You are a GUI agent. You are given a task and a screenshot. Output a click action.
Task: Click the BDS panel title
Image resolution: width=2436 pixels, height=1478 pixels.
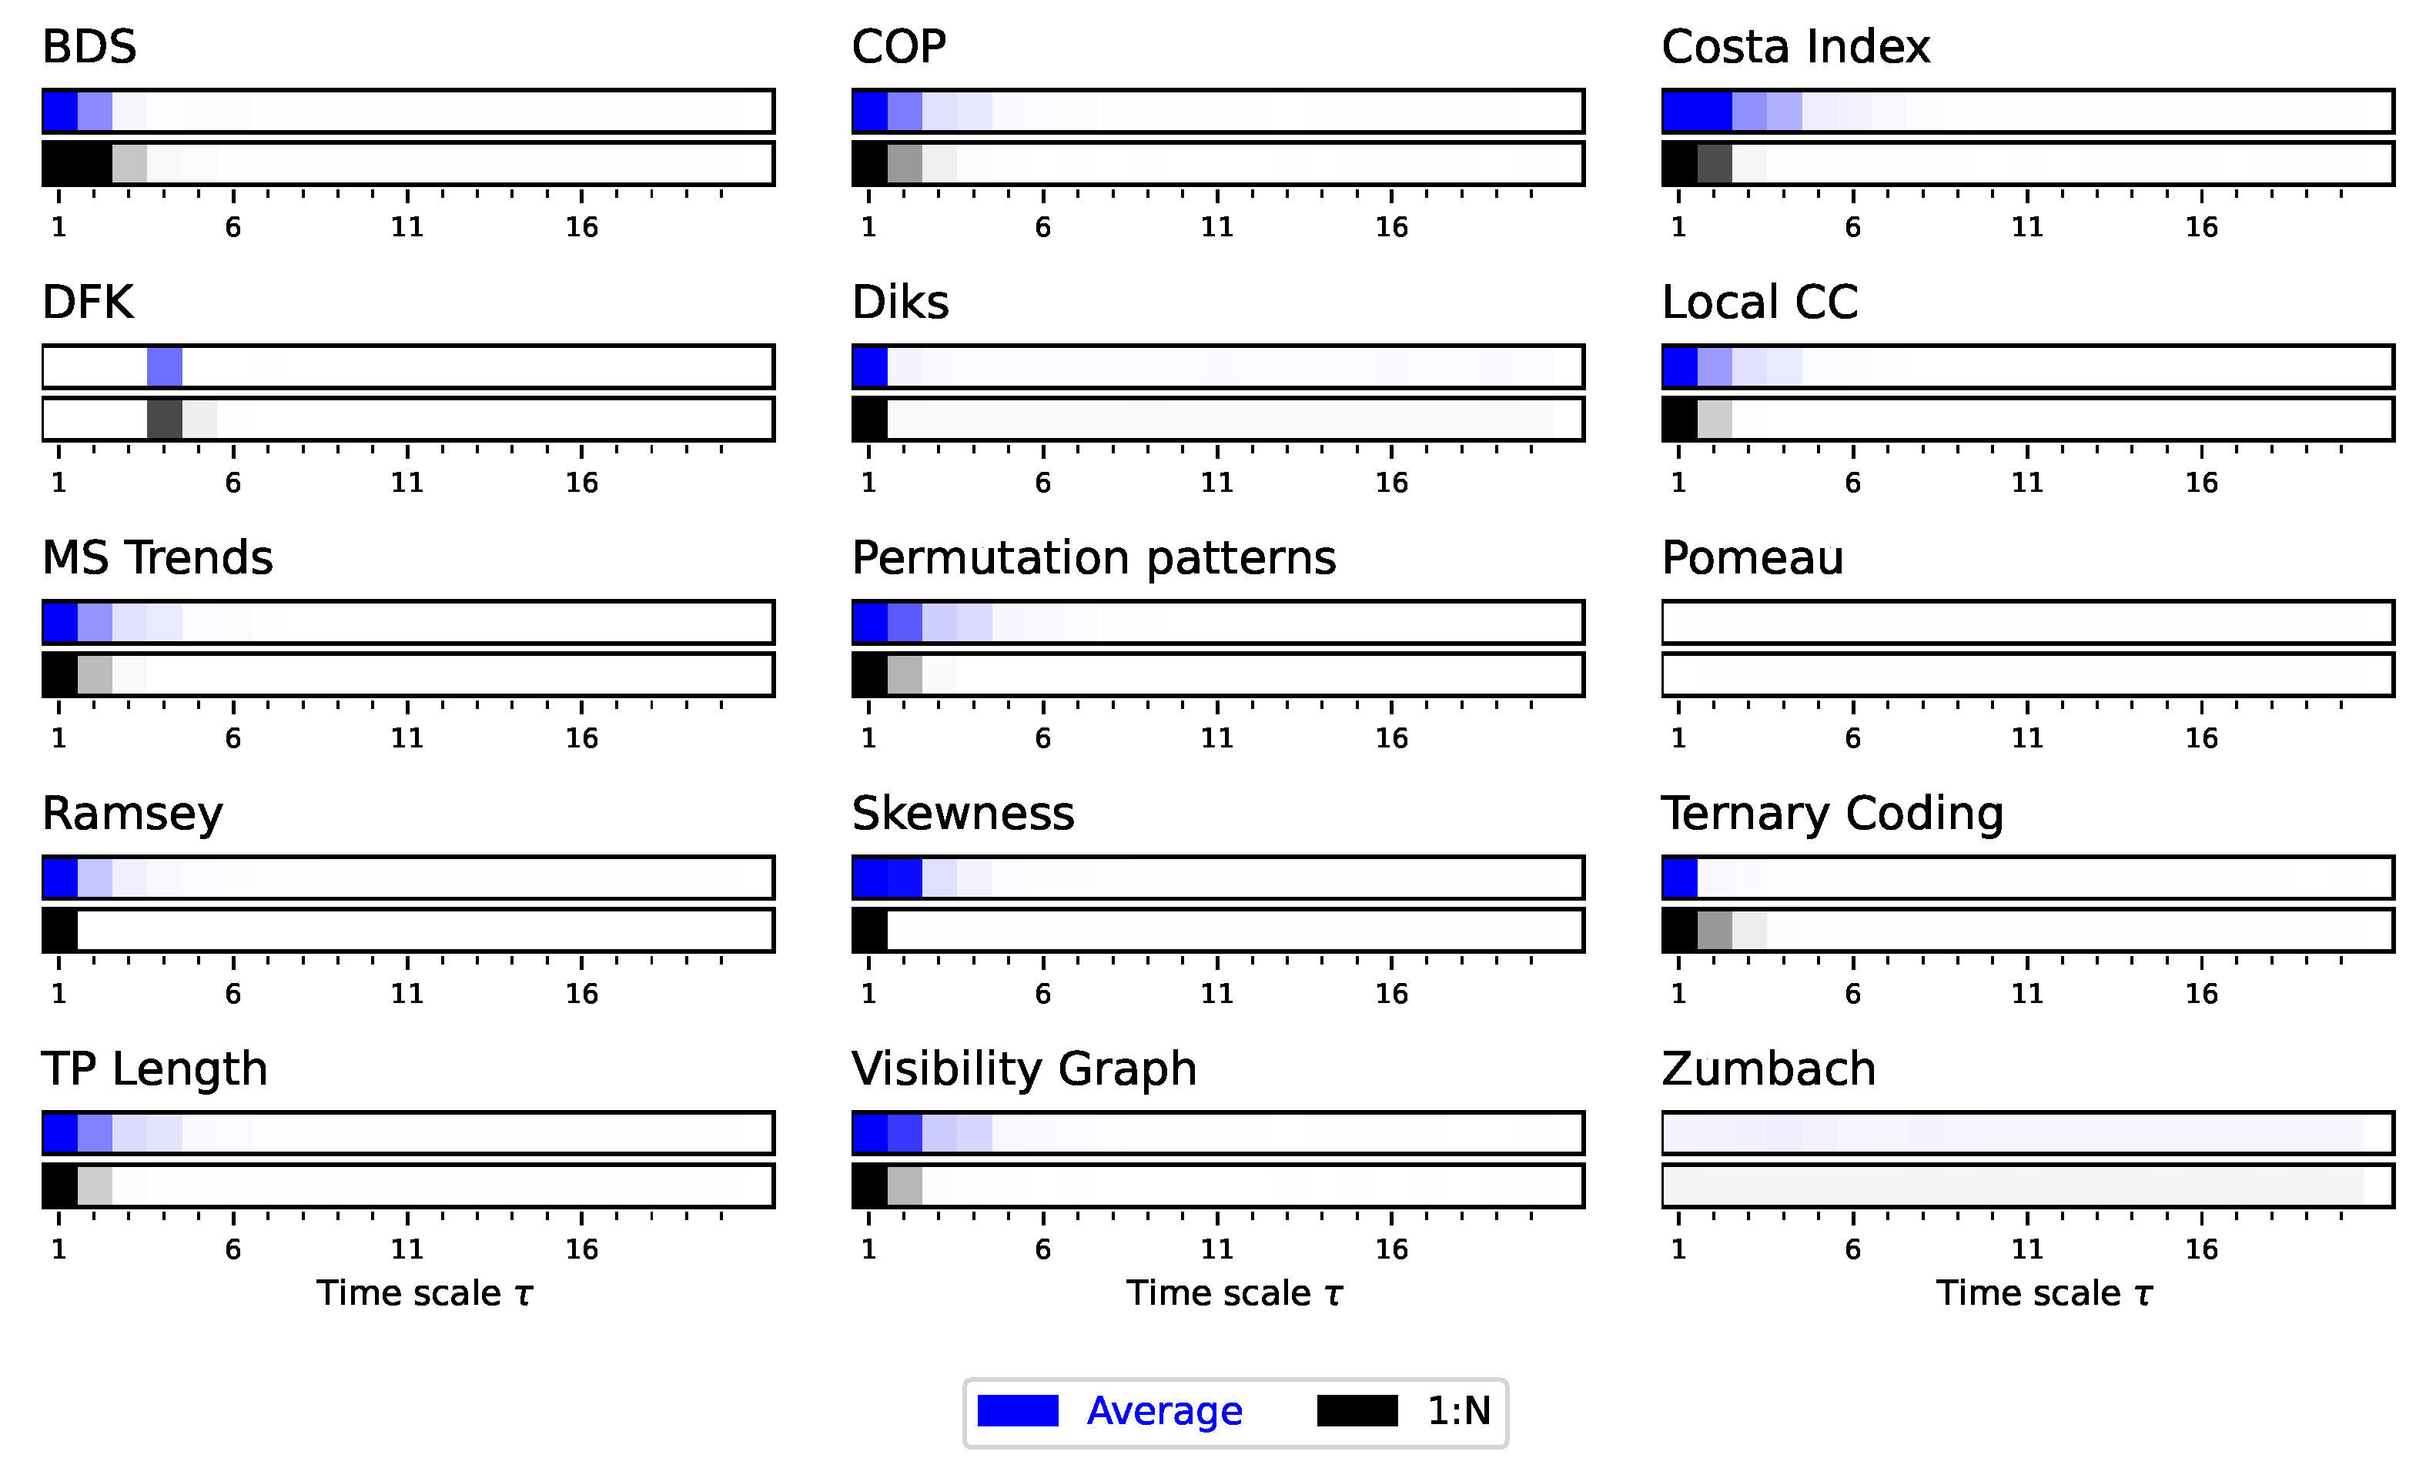click(x=89, y=46)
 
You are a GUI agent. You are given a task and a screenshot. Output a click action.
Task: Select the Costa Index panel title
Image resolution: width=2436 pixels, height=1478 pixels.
click(x=1795, y=46)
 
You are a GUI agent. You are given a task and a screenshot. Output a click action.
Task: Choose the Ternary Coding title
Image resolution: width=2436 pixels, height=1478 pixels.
click(x=1831, y=814)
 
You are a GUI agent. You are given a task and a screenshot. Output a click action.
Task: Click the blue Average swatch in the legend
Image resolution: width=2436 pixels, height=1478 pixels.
click(x=1017, y=1411)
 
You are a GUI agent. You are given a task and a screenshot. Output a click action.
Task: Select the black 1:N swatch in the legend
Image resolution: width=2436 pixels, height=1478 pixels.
click(x=1357, y=1411)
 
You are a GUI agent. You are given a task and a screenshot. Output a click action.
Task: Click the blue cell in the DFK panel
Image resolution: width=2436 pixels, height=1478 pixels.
click(x=164, y=366)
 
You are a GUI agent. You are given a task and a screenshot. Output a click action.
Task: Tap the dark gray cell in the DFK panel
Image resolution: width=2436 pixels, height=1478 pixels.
click(x=164, y=420)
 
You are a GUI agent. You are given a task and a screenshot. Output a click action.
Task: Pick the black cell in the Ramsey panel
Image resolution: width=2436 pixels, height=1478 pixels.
click(x=60, y=931)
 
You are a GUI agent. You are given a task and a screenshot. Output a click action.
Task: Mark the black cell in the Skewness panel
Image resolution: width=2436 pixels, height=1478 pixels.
click(x=870, y=931)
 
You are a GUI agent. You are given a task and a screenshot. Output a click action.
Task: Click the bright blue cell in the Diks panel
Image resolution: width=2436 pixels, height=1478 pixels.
click(x=870, y=366)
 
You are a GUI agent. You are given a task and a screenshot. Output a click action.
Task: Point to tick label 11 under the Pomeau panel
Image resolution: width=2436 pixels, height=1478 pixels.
click(x=2026, y=738)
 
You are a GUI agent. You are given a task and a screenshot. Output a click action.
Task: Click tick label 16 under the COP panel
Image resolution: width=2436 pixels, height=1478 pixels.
click(x=1391, y=227)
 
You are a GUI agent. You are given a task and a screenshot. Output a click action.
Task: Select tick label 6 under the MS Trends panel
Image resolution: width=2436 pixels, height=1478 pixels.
click(x=233, y=738)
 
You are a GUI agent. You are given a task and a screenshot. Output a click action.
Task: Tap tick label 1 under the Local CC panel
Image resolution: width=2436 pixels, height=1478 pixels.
click(x=1678, y=483)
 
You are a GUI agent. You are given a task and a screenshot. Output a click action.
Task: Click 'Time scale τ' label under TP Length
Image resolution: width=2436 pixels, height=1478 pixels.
click(x=424, y=1293)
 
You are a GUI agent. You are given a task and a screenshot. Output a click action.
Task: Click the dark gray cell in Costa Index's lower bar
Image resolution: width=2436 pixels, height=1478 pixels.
click(x=1715, y=163)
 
